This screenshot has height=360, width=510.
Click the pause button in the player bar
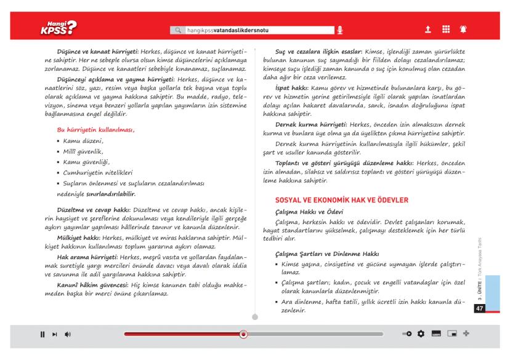point(42,334)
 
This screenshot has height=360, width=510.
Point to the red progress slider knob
point(243,334)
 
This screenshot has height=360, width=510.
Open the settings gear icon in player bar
point(421,334)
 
